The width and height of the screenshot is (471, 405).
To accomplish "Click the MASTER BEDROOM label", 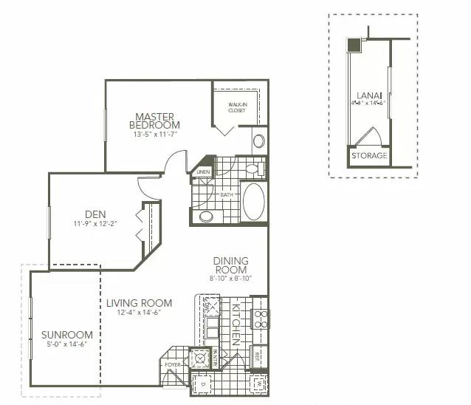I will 154,120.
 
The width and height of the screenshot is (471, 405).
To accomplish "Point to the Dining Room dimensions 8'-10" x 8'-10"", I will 230,279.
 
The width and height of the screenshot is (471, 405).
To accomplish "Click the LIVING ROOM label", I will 139,303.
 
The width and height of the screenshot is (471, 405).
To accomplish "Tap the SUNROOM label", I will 66,334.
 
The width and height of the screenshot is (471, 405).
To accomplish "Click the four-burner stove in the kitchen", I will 260,319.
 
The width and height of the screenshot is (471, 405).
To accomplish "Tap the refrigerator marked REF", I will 258,355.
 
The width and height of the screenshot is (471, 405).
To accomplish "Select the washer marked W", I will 258,384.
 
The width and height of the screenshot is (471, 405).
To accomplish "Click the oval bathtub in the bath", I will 253,201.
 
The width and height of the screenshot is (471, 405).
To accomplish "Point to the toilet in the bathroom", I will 252,169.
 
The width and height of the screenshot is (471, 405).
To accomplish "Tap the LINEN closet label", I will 203,172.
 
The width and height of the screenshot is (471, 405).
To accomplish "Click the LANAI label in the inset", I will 368,95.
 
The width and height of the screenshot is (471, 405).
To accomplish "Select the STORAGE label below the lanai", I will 368,156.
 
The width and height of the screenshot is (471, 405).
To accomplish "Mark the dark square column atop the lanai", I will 354,45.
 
